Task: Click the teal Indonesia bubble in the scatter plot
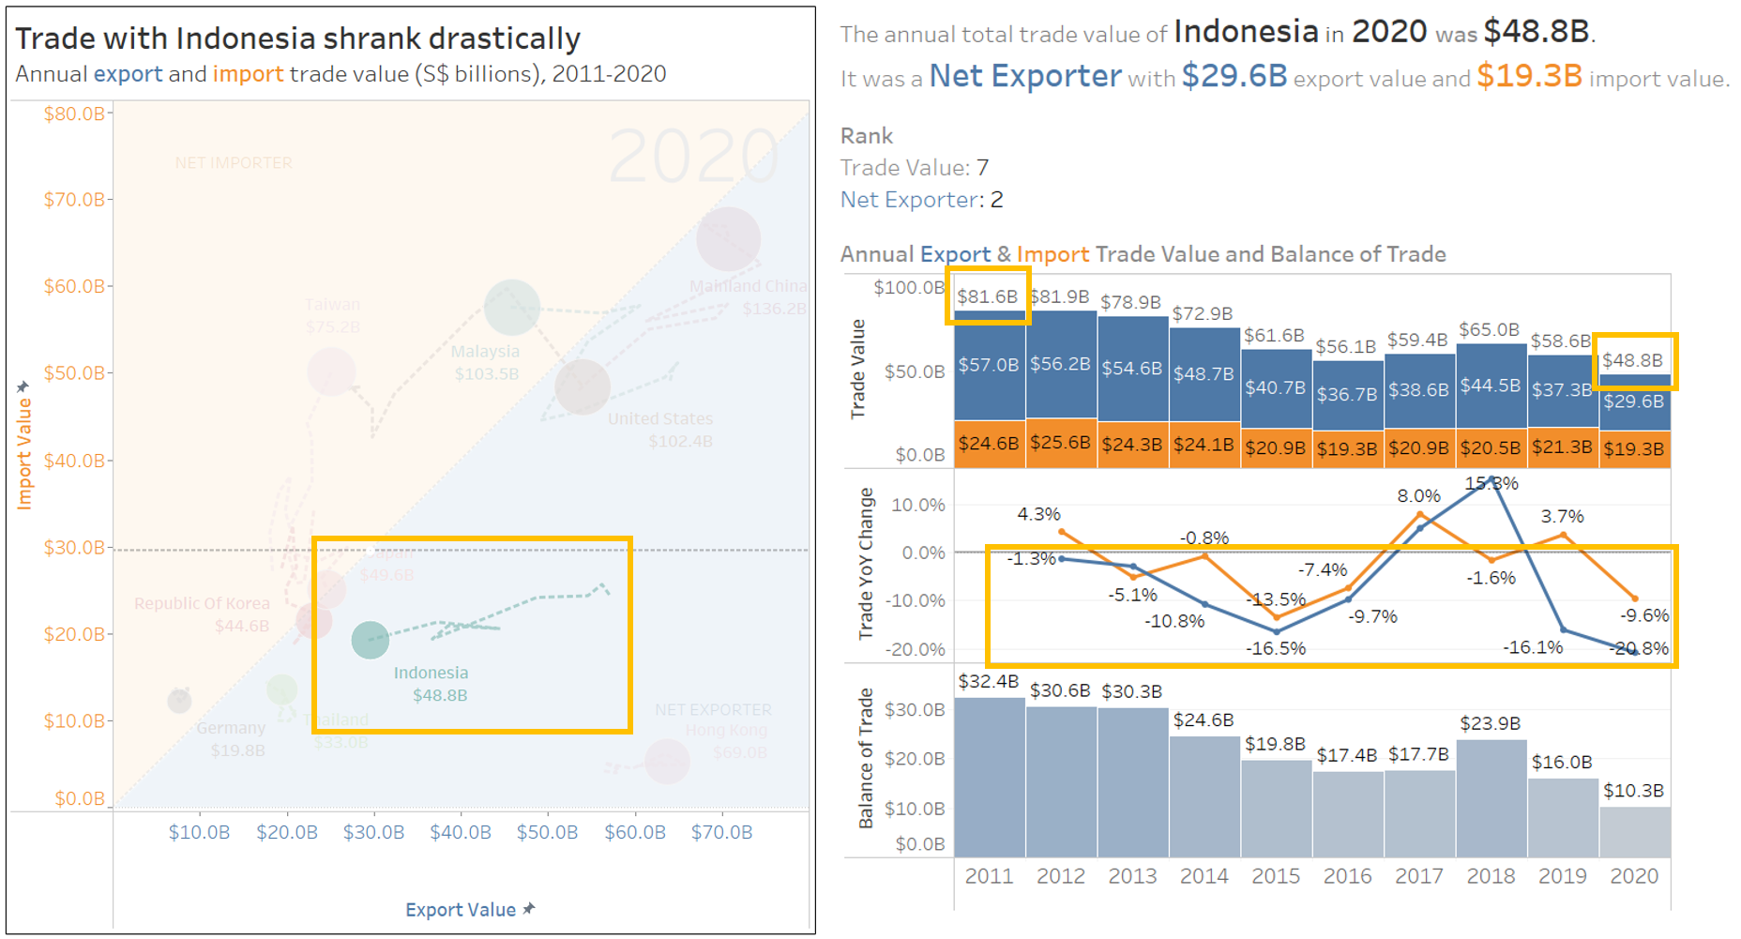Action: pyautogui.click(x=370, y=640)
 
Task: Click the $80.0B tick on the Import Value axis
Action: pyautogui.click(x=74, y=114)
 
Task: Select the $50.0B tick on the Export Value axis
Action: pyautogui.click(x=547, y=832)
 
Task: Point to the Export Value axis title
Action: pyautogui.click(x=461, y=909)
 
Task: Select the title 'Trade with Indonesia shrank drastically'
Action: pyautogui.click(x=297, y=38)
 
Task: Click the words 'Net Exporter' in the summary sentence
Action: pyautogui.click(x=1024, y=76)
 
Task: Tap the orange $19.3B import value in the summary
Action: pyautogui.click(x=1529, y=76)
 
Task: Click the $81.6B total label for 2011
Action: pyautogui.click(x=987, y=296)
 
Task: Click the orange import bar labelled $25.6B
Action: pyautogui.click(x=1061, y=443)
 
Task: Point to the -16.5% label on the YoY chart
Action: pyautogui.click(x=1276, y=648)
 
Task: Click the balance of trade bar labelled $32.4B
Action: pyautogui.click(x=990, y=779)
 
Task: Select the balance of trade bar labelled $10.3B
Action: pyautogui.click(x=1634, y=832)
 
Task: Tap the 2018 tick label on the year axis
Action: pyautogui.click(x=1491, y=876)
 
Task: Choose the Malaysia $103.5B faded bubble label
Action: pyautogui.click(x=485, y=362)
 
